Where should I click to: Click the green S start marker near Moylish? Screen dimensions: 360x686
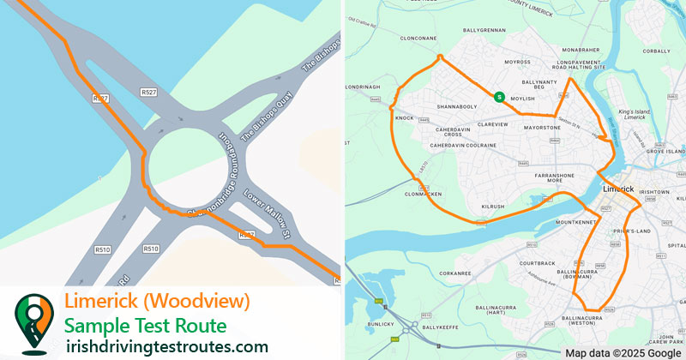point(498,97)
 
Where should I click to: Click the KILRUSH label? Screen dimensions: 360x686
point(493,207)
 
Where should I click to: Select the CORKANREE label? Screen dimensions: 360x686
point(455,273)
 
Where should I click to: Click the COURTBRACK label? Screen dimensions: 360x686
point(538,263)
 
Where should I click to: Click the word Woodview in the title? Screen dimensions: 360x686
point(212,302)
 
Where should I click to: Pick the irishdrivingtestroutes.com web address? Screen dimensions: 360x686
point(167,346)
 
